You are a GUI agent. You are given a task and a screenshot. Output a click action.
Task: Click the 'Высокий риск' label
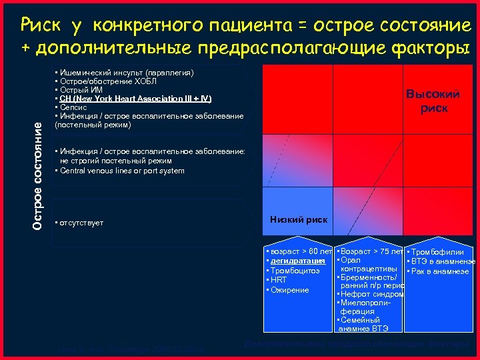(433, 101)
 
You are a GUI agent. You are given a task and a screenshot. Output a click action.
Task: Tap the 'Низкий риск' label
(298, 219)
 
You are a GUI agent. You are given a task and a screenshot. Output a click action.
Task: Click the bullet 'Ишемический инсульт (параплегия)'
(125, 72)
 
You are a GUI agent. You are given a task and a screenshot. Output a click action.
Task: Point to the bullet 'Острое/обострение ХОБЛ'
(107, 81)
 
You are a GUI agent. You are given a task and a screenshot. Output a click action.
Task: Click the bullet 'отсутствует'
(80, 222)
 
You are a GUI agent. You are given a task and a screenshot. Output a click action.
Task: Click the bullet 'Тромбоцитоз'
(295, 271)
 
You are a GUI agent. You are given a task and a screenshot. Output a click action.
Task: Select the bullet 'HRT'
(278, 280)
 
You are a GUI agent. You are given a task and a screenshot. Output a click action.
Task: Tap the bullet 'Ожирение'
(289, 290)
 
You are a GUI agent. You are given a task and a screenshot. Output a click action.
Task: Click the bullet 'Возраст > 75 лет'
(371, 251)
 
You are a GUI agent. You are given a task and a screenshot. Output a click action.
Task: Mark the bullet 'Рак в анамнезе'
(440, 271)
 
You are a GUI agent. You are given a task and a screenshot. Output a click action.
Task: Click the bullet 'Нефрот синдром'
(371, 294)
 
